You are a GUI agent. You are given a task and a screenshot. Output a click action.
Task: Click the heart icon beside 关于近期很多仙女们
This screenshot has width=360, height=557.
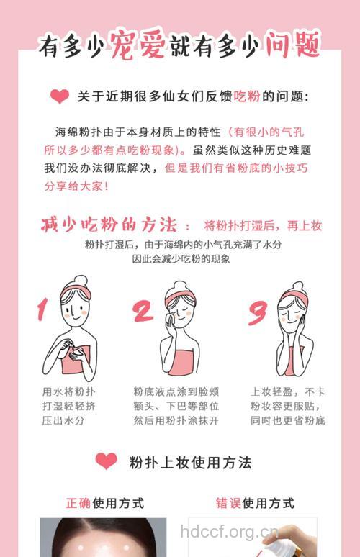[60, 97]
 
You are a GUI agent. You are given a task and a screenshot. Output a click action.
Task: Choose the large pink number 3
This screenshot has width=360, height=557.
[257, 311]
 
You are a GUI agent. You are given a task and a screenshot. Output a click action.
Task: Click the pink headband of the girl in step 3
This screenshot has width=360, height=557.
[294, 297]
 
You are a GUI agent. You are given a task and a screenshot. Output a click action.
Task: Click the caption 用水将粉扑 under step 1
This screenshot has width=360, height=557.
[69, 391]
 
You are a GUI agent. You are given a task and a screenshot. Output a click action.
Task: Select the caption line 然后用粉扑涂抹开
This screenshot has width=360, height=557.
[176, 420]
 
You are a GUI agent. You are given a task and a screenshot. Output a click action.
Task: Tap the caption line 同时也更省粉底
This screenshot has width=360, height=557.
[287, 420]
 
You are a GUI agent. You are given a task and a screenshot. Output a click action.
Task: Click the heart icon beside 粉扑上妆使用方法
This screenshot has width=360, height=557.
[106, 461]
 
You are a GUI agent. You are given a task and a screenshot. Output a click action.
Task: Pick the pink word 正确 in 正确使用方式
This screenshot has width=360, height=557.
[78, 503]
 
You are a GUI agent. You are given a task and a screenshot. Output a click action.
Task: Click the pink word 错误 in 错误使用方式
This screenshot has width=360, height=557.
[229, 503]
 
